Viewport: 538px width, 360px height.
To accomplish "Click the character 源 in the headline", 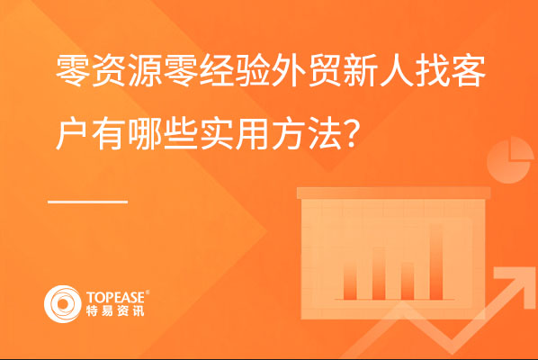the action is (146, 71).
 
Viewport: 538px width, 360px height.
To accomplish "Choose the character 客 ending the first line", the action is (468, 71).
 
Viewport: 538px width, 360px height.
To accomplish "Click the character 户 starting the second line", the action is (72, 134).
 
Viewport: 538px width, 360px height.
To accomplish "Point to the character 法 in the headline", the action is (325, 134).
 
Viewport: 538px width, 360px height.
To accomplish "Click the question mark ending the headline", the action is (352, 134).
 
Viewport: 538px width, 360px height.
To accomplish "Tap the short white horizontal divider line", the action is (88, 202).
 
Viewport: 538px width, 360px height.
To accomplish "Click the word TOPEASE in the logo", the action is (117, 297).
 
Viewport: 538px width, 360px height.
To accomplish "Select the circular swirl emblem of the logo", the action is (62, 304).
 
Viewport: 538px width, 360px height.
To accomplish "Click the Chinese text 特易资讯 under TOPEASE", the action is (115, 310).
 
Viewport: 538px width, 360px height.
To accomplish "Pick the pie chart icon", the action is (510, 160).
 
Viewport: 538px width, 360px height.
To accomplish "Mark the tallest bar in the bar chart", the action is (436, 262).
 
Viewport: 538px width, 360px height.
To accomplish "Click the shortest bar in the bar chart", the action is (408, 282).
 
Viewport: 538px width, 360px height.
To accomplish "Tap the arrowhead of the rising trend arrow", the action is (514, 283).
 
